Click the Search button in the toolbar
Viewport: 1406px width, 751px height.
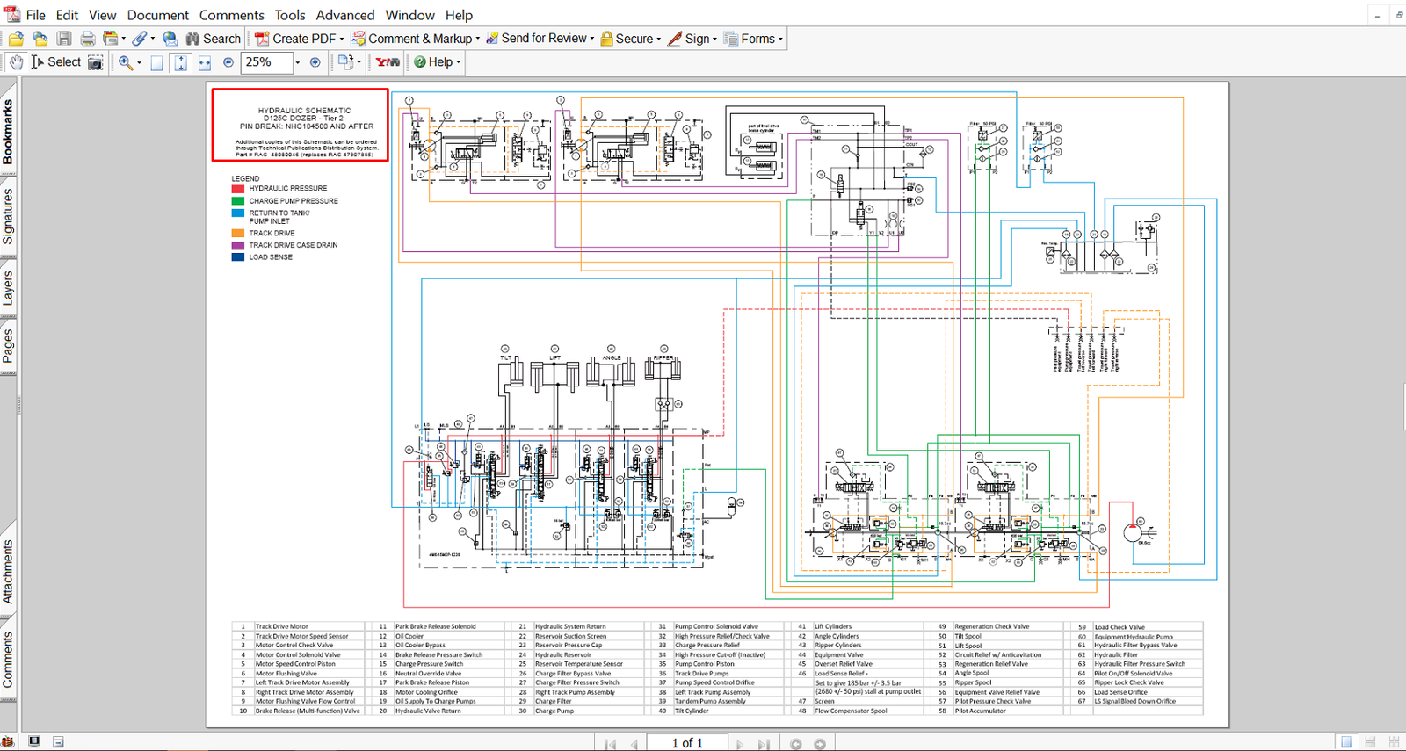tap(213, 39)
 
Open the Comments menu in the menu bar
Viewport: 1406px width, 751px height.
tap(231, 15)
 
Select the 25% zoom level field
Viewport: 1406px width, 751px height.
tap(265, 62)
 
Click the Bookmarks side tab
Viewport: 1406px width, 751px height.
tap(8, 132)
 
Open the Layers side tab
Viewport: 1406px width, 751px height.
tap(8, 288)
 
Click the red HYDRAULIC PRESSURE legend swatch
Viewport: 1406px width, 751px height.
tap(238, 189)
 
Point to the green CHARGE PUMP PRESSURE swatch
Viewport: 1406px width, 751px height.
tap(238, 201)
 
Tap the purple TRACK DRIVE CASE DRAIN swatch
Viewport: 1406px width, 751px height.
tap(238, 246)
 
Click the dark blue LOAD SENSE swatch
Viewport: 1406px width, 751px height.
tap(238, 257)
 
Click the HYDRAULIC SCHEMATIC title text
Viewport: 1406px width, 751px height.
tap(304, 111)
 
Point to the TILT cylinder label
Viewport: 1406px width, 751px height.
tap(505, 358)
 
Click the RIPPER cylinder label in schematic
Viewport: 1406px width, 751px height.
tap(663, 358)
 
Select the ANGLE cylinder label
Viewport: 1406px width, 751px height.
tap(612, 358)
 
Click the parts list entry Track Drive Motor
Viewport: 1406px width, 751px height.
tap(281, 627)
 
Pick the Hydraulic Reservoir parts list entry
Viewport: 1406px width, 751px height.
tap(563, 655)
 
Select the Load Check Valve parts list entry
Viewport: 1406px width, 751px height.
tap(1119, 627)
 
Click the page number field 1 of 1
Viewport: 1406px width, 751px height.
tap(687, 743)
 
